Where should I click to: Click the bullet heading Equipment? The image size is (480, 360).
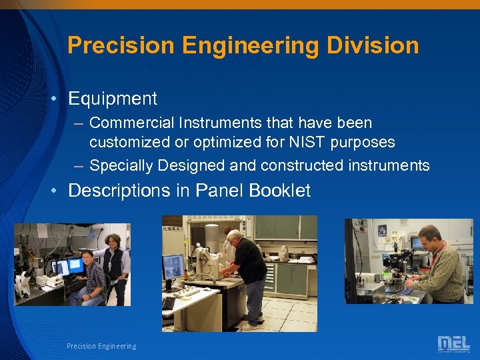[113, 99]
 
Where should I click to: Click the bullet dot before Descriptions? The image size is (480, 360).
[58, 191]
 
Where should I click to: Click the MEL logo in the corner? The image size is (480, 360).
[453, 344]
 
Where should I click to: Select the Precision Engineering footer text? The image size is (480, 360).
[101, 346]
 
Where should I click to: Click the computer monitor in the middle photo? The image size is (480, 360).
[173, 267]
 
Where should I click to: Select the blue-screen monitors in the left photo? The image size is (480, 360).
[67, 266]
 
